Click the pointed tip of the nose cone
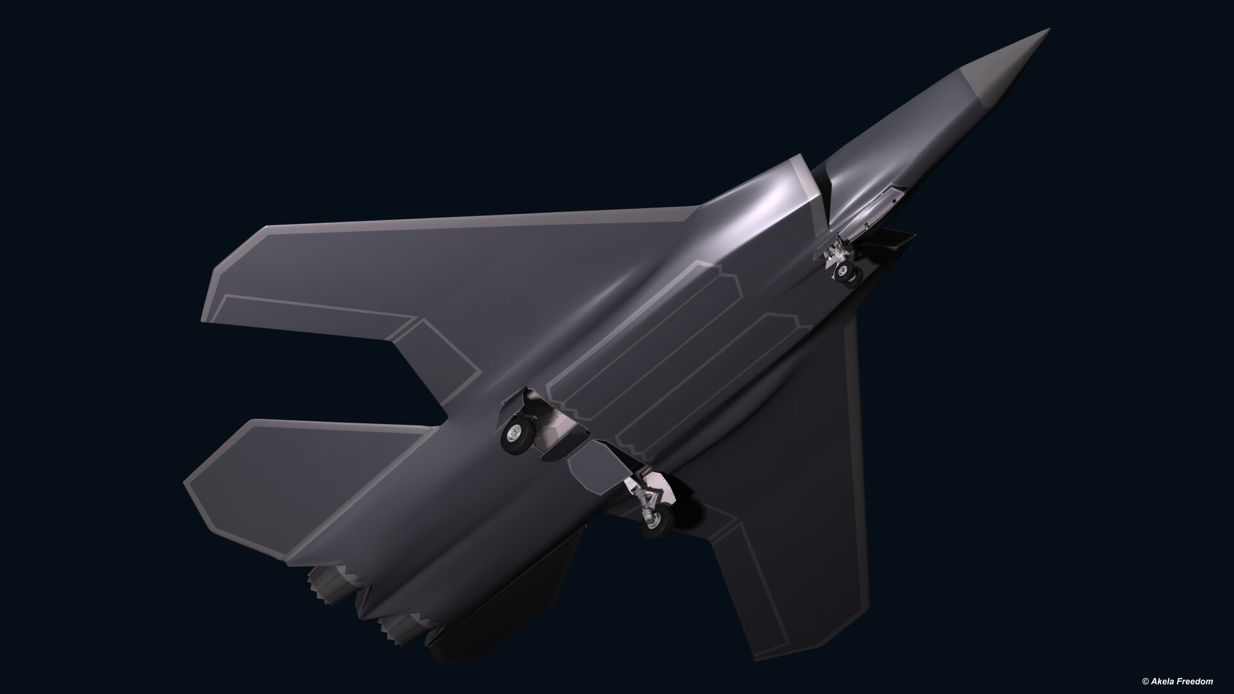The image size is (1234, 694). [1049, 30]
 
